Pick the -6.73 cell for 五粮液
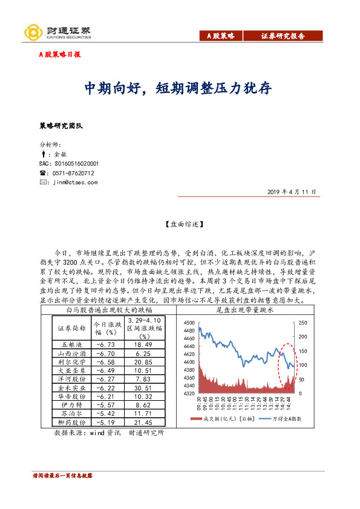[103, 344]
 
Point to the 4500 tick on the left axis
[189, 323]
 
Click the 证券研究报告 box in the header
[283, 36]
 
